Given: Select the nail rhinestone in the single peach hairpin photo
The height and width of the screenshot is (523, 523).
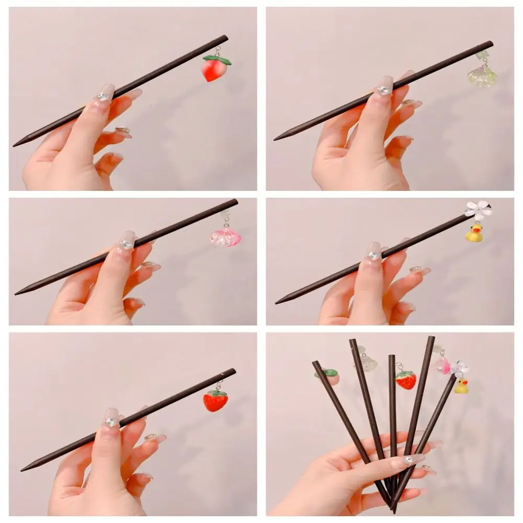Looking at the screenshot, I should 104,96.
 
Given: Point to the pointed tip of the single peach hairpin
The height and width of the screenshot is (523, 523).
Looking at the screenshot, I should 15,144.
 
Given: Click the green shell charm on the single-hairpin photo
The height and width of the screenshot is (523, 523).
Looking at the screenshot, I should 482,76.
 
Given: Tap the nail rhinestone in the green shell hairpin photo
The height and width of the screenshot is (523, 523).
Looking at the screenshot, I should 383,90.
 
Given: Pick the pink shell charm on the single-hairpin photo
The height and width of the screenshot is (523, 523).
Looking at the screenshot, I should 225,237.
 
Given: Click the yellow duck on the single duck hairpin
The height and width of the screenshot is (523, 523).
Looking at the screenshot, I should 474,233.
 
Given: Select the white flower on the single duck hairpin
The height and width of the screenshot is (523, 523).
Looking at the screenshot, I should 476,210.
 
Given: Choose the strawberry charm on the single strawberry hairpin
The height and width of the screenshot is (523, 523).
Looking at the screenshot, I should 215,401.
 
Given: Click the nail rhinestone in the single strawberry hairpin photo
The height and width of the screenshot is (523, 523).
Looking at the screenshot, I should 111,422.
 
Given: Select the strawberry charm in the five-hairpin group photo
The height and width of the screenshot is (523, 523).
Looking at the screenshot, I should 406,380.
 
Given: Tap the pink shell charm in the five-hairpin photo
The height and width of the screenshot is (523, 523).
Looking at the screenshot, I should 442,365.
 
